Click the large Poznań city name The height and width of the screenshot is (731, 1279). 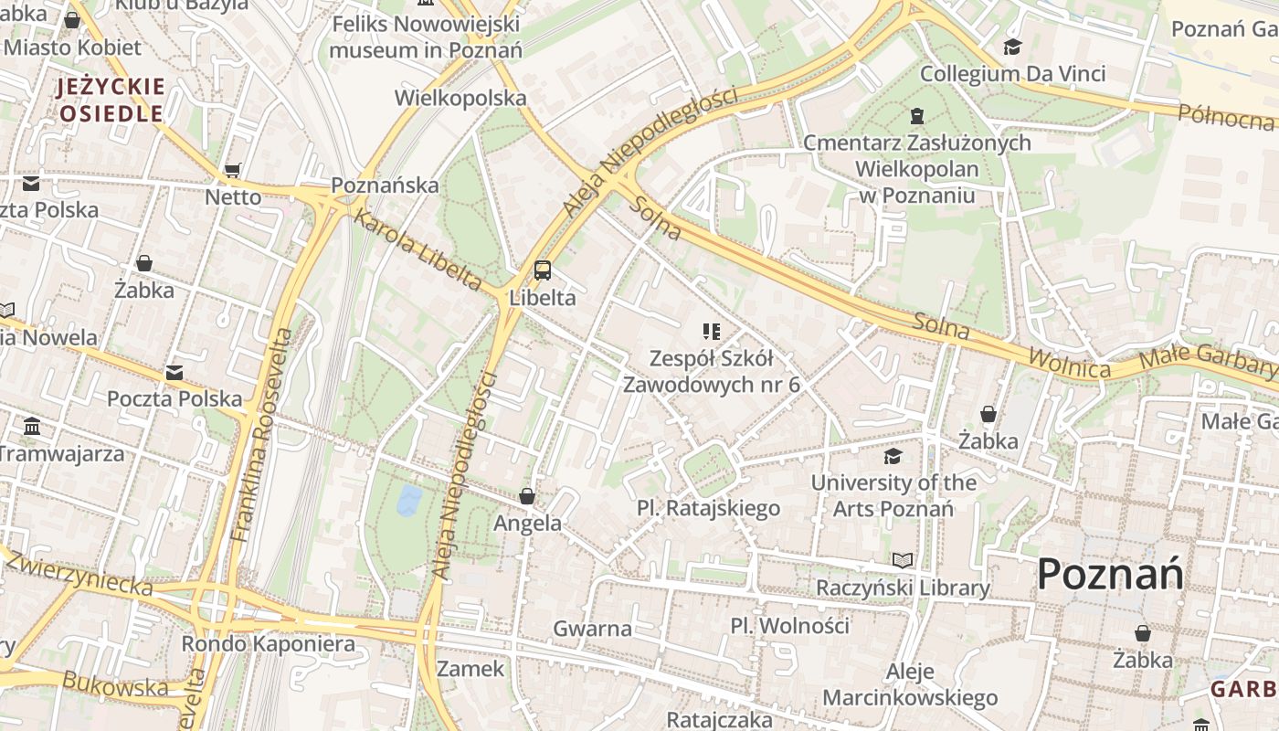1110,575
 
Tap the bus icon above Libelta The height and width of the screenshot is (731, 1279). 543,270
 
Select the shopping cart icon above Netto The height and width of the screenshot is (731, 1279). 233,170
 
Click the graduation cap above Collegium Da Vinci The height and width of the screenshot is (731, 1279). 1012,47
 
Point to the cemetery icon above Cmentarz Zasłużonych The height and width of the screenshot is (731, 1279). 916,116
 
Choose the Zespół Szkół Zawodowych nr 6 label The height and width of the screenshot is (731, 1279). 712,371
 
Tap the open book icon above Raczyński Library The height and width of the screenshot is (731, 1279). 903,560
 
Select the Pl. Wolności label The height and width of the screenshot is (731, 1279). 790,626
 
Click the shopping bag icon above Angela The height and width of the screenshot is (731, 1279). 527,496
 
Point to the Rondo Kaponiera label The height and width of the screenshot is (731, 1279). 268,643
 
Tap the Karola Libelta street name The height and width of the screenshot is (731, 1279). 417,249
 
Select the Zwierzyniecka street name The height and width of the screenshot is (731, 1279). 79,573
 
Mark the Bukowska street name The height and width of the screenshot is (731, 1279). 115,683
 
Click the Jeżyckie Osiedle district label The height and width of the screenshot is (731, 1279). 111,101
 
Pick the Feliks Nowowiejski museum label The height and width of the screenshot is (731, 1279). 426,37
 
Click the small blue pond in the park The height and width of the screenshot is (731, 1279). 408,499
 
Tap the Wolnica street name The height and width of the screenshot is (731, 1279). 1070,362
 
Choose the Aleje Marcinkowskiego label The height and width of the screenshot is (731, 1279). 910,685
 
